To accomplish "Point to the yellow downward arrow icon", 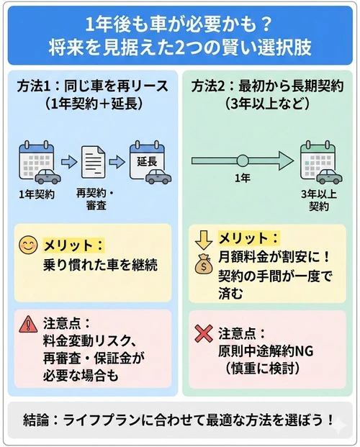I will [x=203, y=238].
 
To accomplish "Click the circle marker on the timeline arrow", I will [x=243, y=160].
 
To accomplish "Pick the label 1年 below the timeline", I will [x=243, y=178].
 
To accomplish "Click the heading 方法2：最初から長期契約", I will [x=267, y=86].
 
